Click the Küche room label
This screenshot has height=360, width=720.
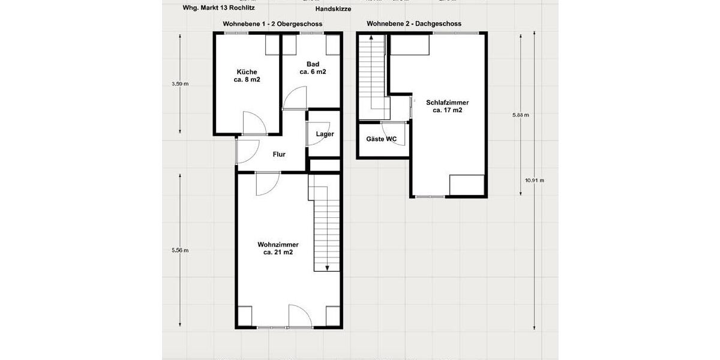pos(247,76)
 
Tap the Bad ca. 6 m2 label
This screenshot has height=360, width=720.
pos(313,68)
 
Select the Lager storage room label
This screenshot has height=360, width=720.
pos(325,134)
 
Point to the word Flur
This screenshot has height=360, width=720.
pos(279,154)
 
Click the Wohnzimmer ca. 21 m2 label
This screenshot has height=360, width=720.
pos(278,248)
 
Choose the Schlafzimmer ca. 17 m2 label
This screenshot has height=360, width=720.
pos(447,106)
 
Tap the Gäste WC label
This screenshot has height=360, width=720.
pos(381,139)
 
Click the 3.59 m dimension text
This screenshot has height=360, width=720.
pos(180,84)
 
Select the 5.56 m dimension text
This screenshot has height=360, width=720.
pos(180,250)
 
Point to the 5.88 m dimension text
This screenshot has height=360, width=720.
pos(520,115)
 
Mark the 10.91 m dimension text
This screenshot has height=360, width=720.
pos(534,180)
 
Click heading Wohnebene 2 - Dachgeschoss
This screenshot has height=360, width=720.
pos(413,24)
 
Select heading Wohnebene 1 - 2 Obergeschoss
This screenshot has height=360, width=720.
pos(272,24)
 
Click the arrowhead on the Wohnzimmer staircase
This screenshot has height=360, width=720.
pos(328,268)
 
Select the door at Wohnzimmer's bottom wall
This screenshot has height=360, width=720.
pos(299,316)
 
